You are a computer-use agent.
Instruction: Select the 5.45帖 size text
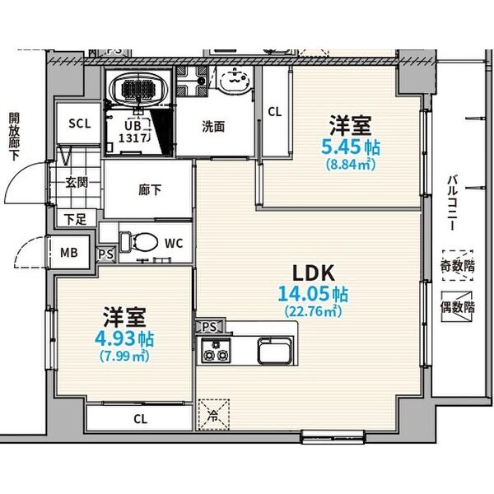pyautogui.click(x=350, y=147)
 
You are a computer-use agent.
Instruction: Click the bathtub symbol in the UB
pyautogui.click(x=140, y=89)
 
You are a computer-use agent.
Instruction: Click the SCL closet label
pyautogui.click(x=80, y=124)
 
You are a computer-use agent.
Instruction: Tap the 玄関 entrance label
pyautogui.click(x=78, y=183)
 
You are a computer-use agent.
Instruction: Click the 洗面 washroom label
pyautogui.click(x=214, y=127)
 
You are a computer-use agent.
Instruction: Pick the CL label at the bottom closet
pyautogui.click(x=141, y=418)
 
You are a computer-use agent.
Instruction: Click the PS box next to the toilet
pyautogui.click(x=106, y=254)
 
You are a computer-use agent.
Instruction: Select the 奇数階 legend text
pyautogui.click(x=458, y=265)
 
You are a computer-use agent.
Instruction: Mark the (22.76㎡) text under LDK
pyautogui.click(x=314, y=311)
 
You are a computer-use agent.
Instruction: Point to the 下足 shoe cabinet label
pyautogui.click(x=75, y=219)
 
